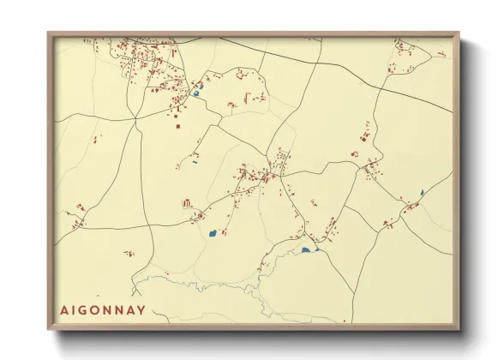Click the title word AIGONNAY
(x=103, y=309)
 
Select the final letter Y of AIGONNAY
(x=141, y=309)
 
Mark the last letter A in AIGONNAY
(x=130, y=309)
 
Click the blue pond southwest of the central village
(x=213, y=232)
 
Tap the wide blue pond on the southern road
(x=305, y=251)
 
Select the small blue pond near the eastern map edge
(x=422, y=192)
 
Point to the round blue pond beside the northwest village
(x=196, y=94)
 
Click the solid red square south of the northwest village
(x=178, y=126)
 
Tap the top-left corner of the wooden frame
(x=49, y=33)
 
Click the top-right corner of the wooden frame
(x=459, y=33)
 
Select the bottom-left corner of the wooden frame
(x=49, y=329)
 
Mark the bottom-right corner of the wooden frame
(x=459, y=329)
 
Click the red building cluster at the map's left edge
(x=79, y=208)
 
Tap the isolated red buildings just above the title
(x=129, y=254)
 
